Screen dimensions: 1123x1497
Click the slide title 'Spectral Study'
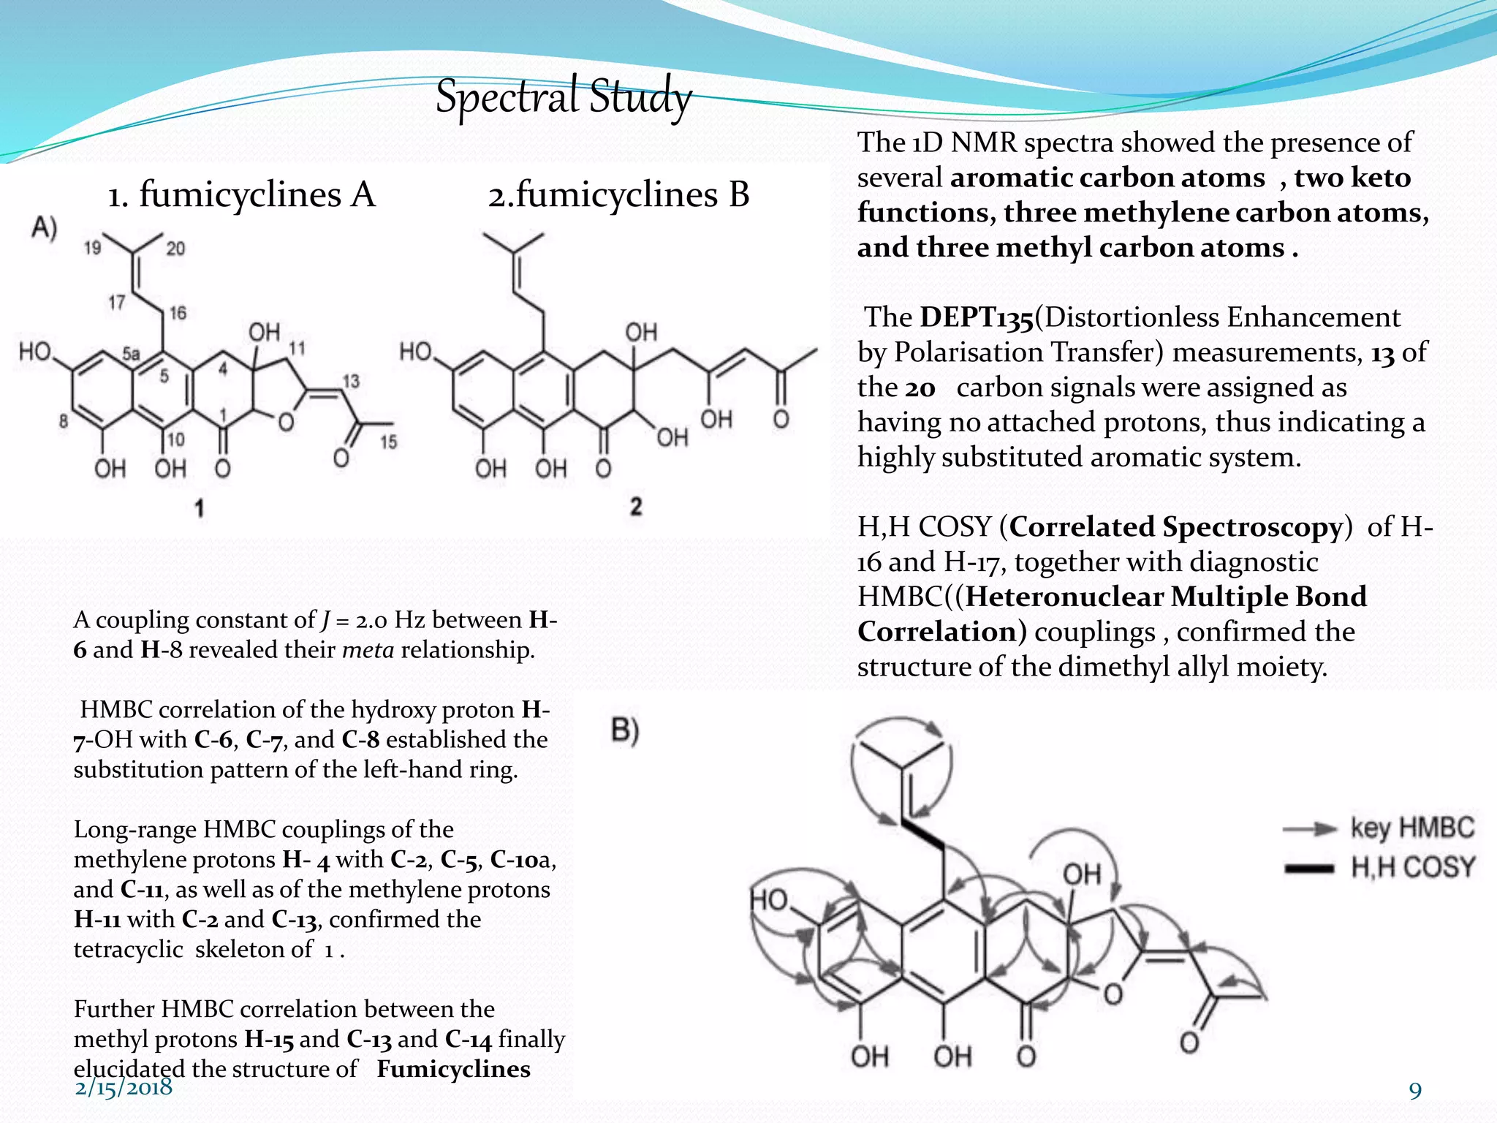click(x=563, y=97)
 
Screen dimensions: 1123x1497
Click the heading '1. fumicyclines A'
click(x=241, y=195)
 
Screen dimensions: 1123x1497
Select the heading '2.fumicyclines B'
click(x=618, y=195)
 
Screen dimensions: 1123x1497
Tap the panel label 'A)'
click(x=44, y=228)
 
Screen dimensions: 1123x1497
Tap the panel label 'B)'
click(x=625, y=730)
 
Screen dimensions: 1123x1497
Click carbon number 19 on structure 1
click(x=92, y=249)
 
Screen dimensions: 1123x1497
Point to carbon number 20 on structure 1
click(x=175, y=249)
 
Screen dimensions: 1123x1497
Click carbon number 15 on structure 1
click(x=388, y=442)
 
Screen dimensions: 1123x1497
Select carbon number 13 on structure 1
click(x=351, y=381)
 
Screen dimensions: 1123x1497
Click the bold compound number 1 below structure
click(x=199, y=507)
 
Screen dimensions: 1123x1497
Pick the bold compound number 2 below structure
click(x=636, y=506)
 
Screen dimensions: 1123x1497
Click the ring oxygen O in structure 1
click(x=286, y=422)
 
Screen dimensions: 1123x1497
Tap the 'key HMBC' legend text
click(x=1412, y=828)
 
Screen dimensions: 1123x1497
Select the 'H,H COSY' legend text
click(x=1412, y=867)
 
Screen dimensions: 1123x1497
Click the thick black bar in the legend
click(x=1308, y=869)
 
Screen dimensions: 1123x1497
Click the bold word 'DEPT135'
click(x=977, y=318)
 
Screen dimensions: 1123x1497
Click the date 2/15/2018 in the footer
click(x=124, y=1087)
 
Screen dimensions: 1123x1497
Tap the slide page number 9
click(x=1415, y=1091)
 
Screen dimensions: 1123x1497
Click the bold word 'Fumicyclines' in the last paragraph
click(x=453, y=1069)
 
